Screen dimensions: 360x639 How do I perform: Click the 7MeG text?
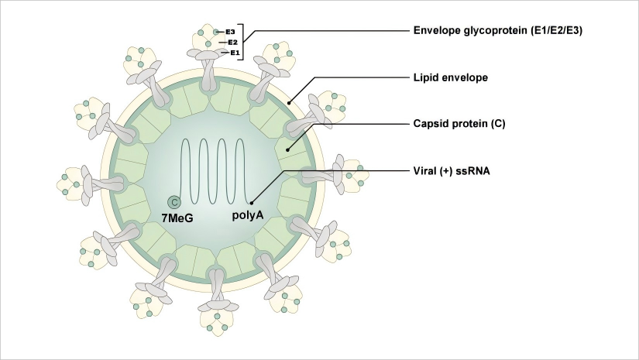(x=177, y=219)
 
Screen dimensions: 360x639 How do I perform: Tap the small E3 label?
(x=230, y=33)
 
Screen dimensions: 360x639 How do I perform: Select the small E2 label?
(x=232, y=43)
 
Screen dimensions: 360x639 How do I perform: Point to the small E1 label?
(x=235, y=53)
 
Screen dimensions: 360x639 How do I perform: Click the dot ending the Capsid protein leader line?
(x=288, y=150)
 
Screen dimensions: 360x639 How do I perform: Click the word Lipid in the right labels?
(x=425, y=77)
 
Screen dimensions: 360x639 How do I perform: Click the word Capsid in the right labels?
(x=430, y=123)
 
